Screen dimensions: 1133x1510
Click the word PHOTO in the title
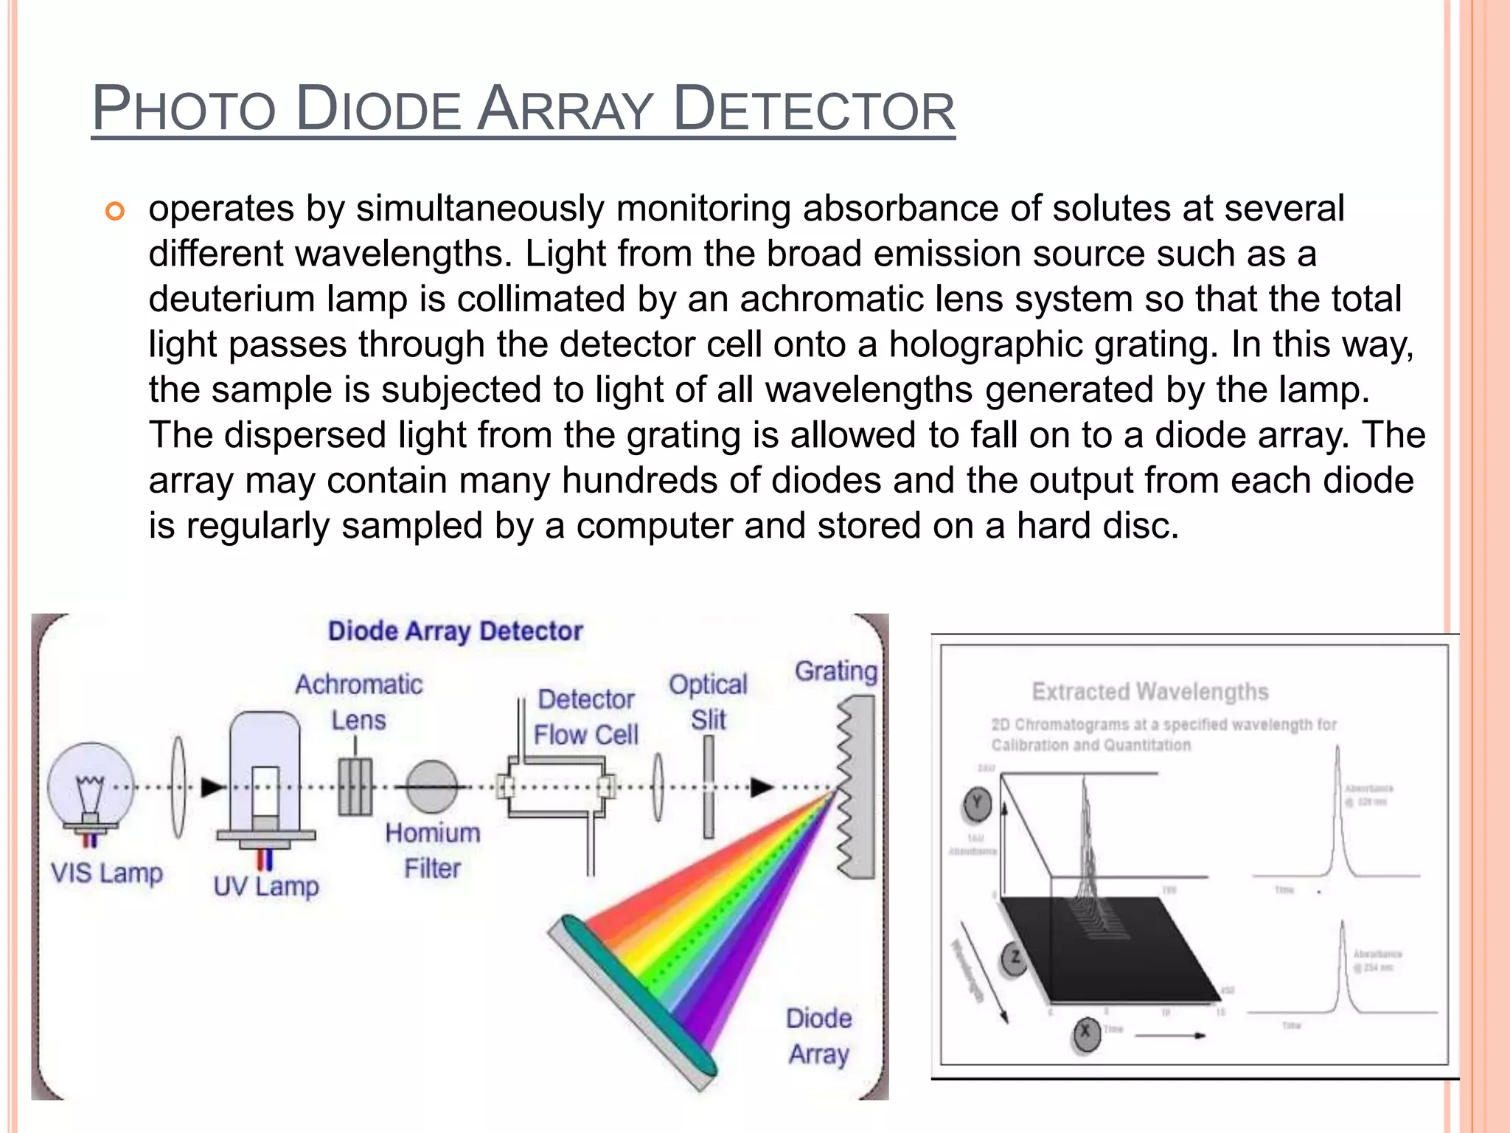coord(184,109)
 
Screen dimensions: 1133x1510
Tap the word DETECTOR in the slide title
coord(814,109)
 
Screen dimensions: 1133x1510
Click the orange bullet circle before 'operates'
coord(115,212)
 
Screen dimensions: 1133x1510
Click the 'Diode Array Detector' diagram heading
coord(455,631)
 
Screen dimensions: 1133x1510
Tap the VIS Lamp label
coord(106,873)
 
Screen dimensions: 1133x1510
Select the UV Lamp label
coord(266,886)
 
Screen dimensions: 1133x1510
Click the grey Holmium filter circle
coord(432,787)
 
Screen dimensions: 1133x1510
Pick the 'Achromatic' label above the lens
coord(359,685)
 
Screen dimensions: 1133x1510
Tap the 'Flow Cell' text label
coord(585,735)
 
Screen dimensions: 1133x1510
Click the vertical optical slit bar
coord(709,787)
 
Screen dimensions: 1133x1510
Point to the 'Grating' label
coord(836,671)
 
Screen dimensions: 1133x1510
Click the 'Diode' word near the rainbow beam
coord(818,1019)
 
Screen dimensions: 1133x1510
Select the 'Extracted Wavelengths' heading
coord(1149,692)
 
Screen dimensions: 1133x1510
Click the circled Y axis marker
coord(978,804)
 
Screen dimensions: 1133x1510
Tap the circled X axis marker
coord(1085,1034)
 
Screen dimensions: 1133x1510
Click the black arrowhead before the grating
coord(762,788)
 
